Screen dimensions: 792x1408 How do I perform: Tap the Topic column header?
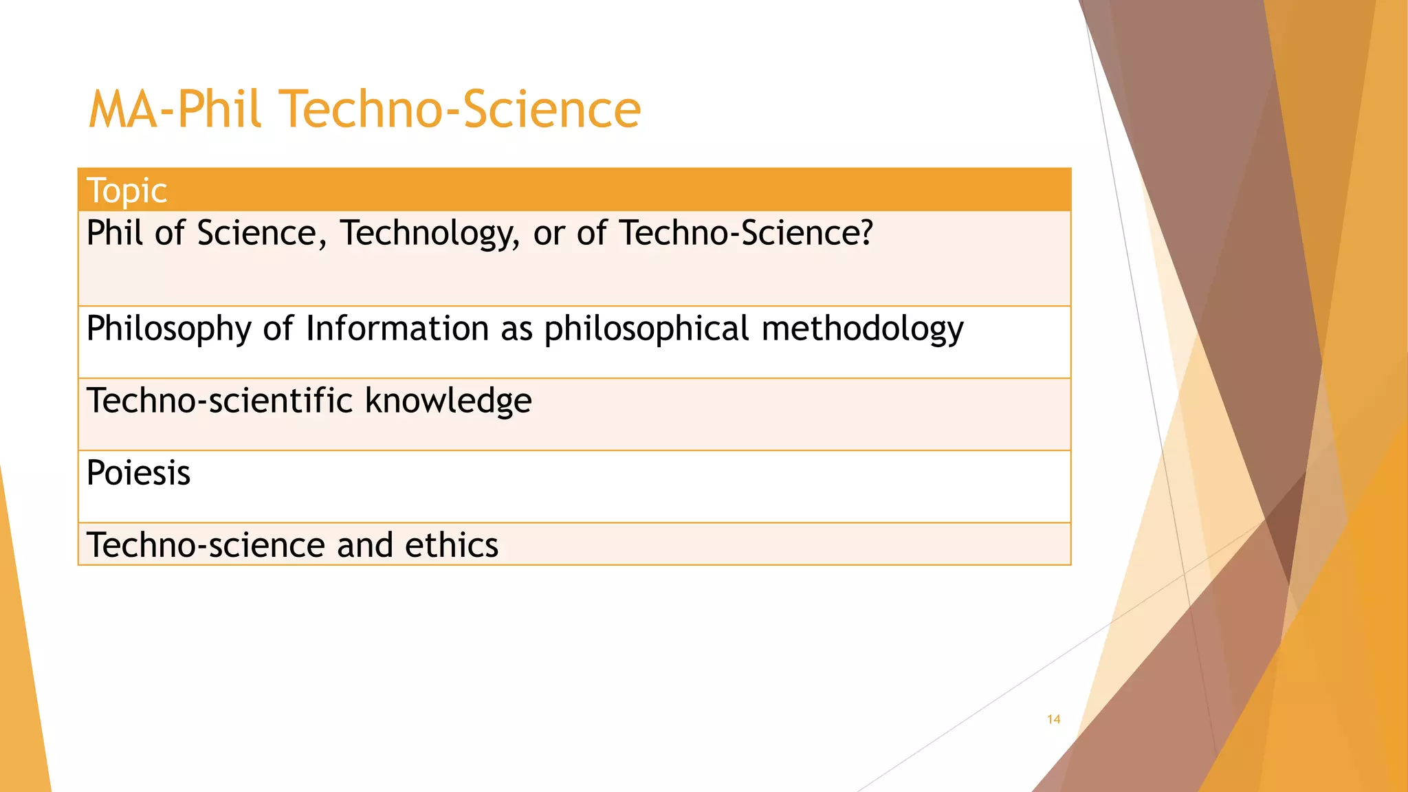click(126, 190)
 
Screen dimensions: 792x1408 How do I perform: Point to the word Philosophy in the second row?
click(168, 329)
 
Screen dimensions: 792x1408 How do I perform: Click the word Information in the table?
click(397, 328)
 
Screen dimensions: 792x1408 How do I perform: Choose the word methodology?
click(863, 329)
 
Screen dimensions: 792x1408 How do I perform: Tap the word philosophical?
click(646, 329)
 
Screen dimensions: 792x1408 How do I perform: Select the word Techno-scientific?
click(220, 401)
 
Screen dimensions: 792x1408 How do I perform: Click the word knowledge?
click(448, 401)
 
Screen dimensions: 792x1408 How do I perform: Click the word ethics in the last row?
click(451, 545)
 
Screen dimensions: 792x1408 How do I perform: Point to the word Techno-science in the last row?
click(206, 545)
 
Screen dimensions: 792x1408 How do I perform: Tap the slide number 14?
click(1053, 719)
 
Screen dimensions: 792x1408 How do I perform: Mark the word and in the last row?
click(364, 545)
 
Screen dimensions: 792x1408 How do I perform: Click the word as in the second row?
click(516, 329)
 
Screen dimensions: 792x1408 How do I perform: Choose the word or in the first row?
click(549, 234)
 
